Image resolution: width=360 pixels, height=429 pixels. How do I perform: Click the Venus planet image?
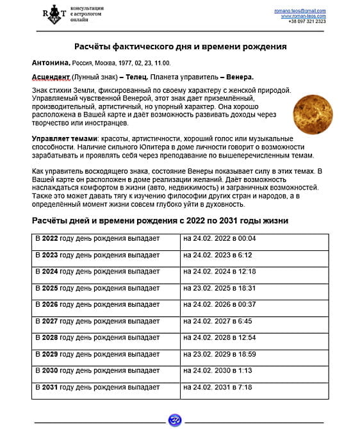[313, 109]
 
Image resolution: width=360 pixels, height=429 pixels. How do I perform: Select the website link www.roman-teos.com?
[304, 16]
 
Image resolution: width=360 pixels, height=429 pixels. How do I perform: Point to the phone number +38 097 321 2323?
[307, 21]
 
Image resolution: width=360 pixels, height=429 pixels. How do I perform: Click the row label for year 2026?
[97, 304]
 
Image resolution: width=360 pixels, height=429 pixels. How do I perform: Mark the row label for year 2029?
[97, 354]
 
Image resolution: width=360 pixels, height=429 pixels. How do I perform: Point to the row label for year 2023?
[97, 255]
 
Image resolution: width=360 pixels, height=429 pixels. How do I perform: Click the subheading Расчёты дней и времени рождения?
[160, 220]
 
